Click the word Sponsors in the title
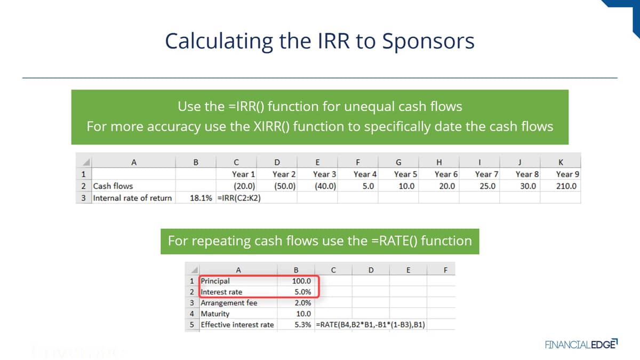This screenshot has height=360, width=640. coord(428,42)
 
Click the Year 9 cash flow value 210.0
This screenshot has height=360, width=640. coord(566,186)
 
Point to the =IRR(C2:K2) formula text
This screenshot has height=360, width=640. coord(239,198)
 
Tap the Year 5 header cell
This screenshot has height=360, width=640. coord(405,174)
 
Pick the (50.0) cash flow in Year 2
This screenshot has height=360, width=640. coord(285,186)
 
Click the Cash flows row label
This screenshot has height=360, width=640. coord(113,186)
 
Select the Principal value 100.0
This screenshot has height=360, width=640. coord(301,281)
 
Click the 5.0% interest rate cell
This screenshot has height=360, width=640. coord(302,292)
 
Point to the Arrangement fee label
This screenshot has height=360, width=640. coord(229,303)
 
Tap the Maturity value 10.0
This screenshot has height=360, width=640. coord(303,314)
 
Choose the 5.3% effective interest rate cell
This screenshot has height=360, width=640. coord(302,325)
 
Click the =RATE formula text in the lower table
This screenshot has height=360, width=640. coord(370,325)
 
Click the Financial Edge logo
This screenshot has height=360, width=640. coord(581,344)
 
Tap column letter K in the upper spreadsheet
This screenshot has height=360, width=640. coord(561,162)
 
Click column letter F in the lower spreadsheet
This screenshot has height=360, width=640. coord(445,270)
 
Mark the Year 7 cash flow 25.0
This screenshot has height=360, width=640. coord(487,186)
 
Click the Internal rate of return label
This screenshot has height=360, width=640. coord(132,198)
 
